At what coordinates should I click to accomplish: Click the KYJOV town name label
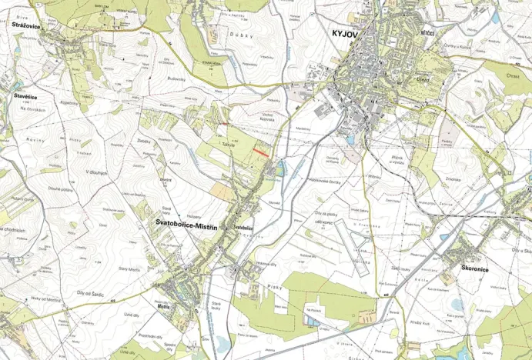346,35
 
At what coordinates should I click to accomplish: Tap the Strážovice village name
27,27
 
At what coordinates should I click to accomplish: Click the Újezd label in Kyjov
421,79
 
